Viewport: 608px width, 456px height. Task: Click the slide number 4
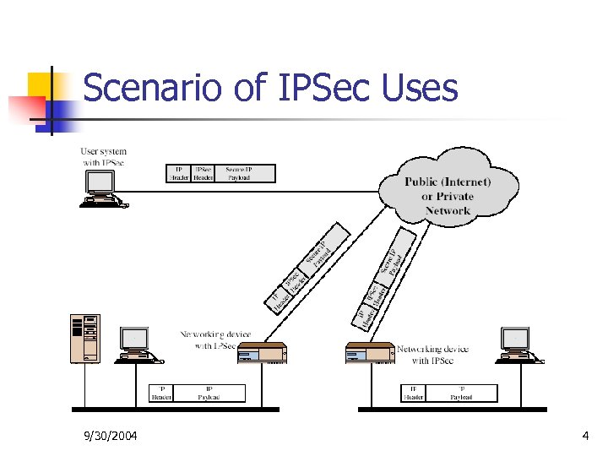click(x=585, y=436)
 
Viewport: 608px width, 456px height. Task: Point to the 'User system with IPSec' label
click(x=105, y=157)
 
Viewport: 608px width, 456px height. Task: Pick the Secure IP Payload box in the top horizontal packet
click(x=246, y=173)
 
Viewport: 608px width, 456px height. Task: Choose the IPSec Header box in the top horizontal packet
click(x=203, y=173)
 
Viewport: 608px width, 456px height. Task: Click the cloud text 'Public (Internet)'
click(x=448, y=182)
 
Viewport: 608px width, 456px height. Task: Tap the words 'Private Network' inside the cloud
click(x=448, y=204)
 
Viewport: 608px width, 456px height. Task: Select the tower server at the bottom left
click(x=85, y=339)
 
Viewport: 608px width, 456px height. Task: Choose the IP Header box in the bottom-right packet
click(x=413, y=394)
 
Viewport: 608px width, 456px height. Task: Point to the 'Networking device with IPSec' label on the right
click(x=432, y=355)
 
